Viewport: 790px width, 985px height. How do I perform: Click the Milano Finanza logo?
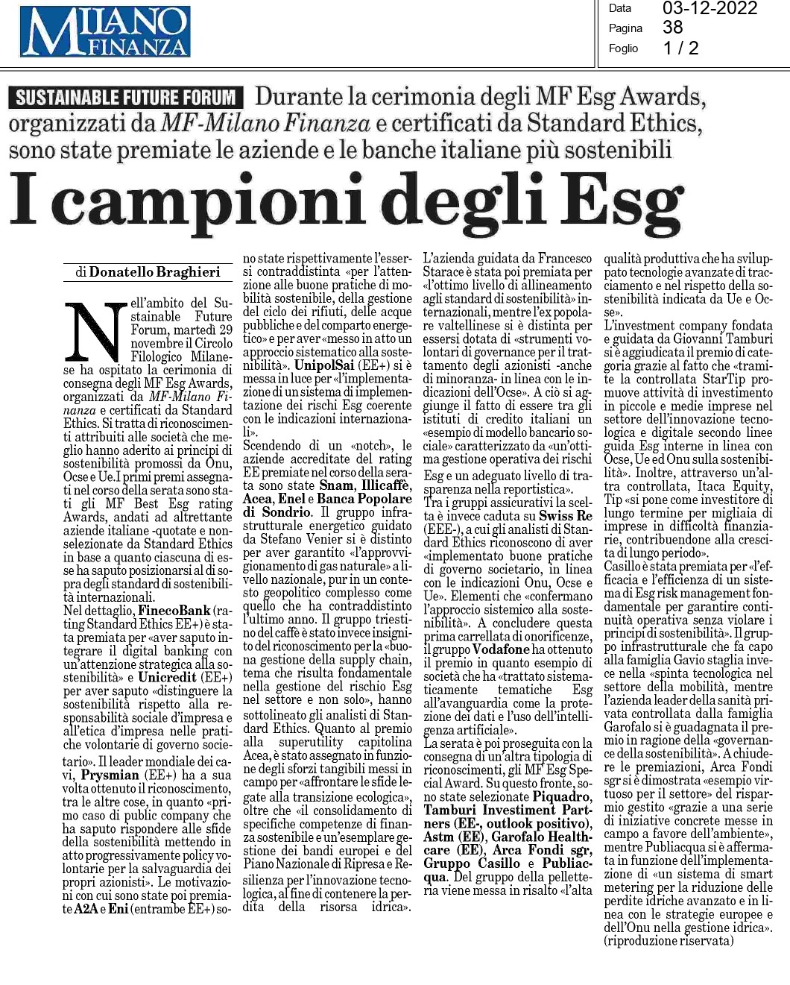tap(105, 31)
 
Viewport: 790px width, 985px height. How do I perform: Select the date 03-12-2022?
tap(710, 9)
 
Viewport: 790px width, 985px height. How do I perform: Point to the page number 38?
tap(673, 28)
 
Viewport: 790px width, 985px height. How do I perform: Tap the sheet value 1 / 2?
tap(681, 48)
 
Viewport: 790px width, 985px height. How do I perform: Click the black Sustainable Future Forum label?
tap(126, 98)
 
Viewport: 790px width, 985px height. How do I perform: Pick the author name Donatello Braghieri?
tap(154, 272)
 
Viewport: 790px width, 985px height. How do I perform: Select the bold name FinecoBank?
tap(174, 611)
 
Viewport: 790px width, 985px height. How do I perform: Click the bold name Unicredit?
tap(167, 677)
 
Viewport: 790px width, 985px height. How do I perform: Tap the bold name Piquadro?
tap(562, 797)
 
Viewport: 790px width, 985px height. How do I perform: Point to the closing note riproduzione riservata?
tap(669, 940)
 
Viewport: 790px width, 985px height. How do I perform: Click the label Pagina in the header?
tap(625, 28)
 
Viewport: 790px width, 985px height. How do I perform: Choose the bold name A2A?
tap(85, 909)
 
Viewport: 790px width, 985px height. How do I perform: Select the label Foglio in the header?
tap(623, 48)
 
